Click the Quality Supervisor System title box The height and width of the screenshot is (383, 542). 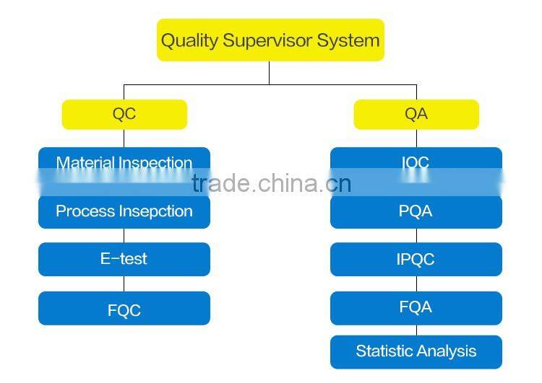point(270,40)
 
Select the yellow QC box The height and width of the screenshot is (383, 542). point(124,114)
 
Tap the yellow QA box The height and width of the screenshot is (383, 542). point(416,114)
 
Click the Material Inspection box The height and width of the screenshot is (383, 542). point(124,163)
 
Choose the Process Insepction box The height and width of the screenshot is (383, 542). point(124,211)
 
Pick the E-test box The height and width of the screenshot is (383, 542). point(124,259)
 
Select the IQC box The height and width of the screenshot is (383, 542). point(416,163)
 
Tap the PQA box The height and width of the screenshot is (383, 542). point(416,211)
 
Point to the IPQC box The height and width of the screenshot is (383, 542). point(416,259)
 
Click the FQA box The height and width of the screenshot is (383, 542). point(416,307)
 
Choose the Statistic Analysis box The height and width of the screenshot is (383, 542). point(416,351)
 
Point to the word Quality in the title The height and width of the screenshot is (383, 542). point(189,40)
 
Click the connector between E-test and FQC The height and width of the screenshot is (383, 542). point(124,284)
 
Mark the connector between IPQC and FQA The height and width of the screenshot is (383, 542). point(416,284)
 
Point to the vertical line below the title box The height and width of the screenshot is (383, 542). point(270,72)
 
